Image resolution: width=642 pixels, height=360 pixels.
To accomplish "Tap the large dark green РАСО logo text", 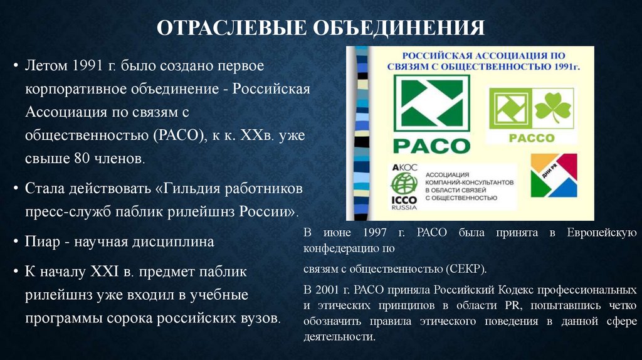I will [431, 146].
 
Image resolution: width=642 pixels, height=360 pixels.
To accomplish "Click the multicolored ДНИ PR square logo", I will [554, 175].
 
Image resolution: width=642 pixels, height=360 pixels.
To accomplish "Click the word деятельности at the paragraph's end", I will [339, 336].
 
